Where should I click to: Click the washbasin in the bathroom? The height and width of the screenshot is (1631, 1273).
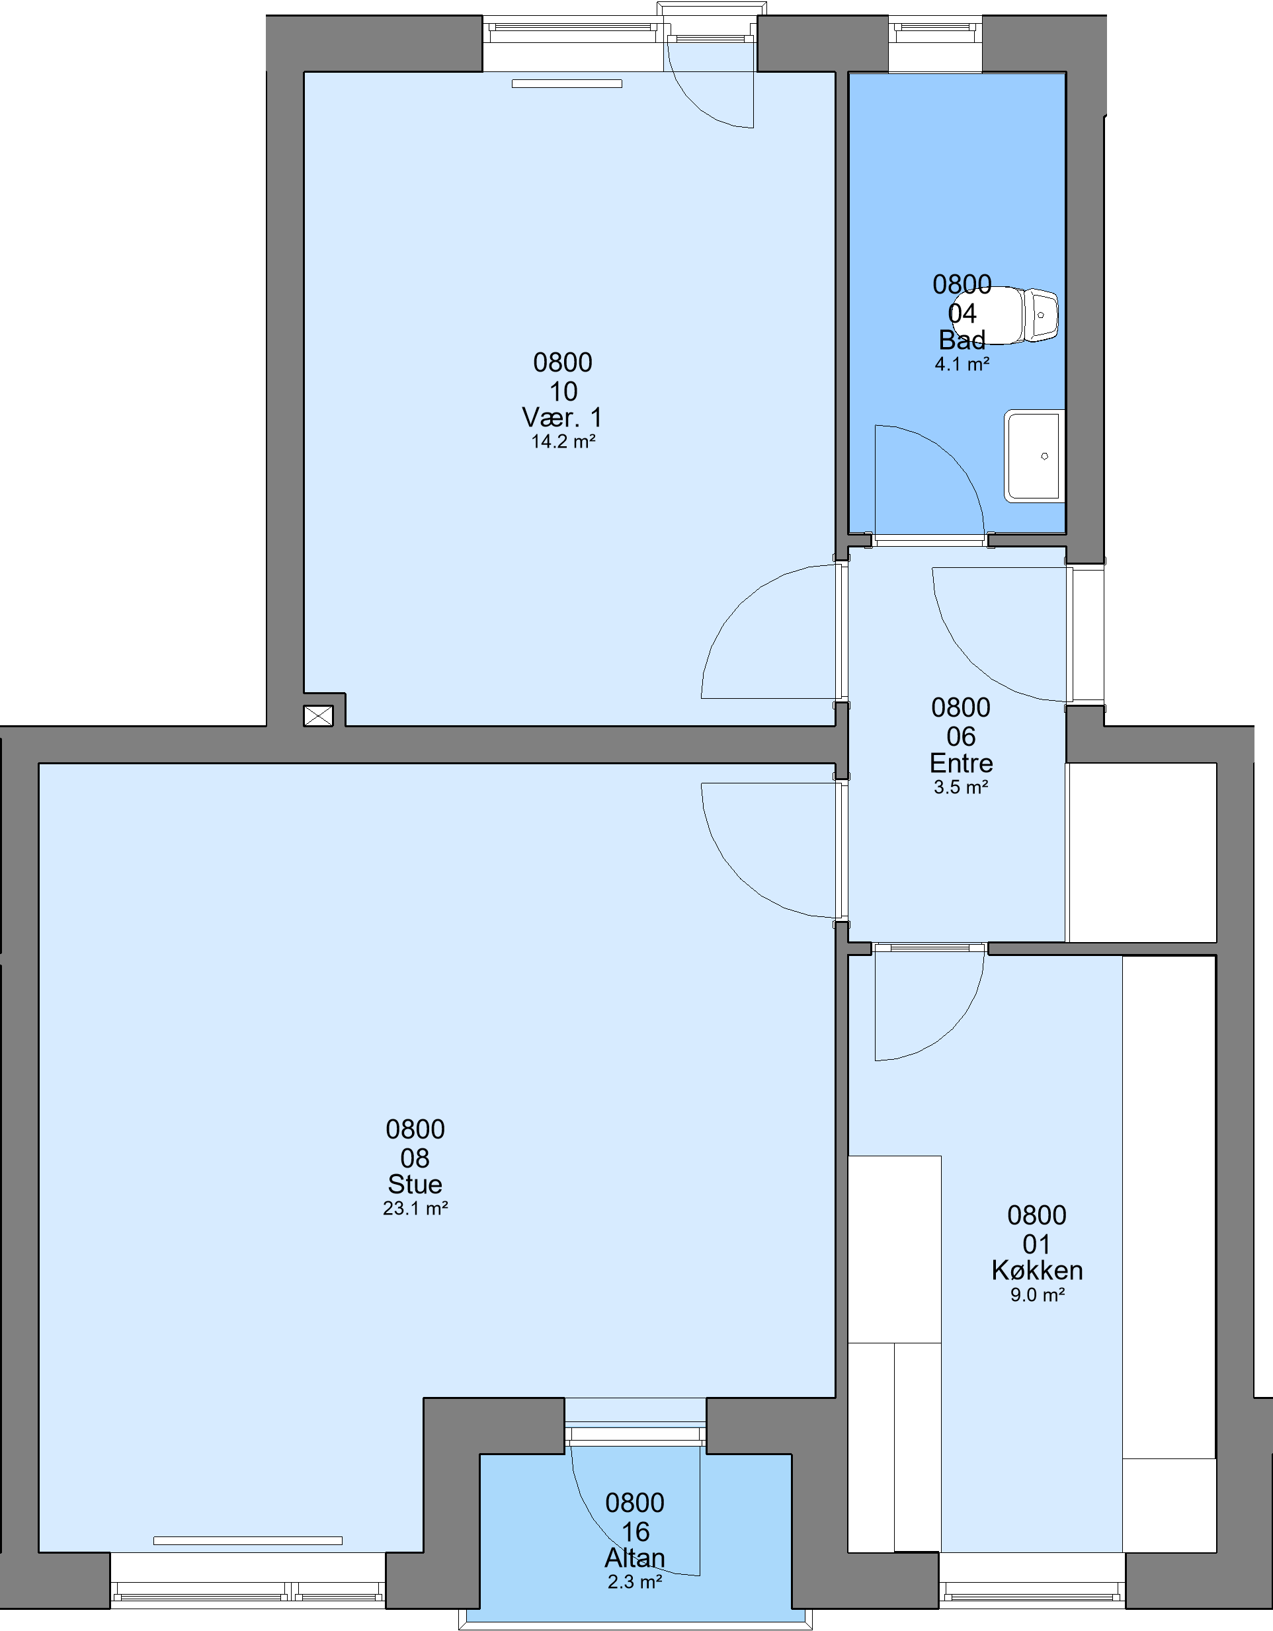point(1034,456)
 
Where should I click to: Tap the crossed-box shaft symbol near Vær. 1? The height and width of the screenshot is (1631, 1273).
point(318,715)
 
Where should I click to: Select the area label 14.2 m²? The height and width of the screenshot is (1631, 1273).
point(563,442)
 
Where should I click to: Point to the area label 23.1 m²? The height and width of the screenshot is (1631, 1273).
point(415,1209)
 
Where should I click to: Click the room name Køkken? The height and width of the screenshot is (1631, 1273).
point(1037,1269)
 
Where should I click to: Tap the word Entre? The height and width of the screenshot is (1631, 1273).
point(961,762)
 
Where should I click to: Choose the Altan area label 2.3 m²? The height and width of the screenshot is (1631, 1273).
point(635,1581)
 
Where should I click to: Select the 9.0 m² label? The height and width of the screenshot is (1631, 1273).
point(1038,1295)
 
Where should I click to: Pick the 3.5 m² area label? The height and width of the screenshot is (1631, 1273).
point(961,787)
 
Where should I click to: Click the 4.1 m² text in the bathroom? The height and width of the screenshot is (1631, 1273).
point(962,364)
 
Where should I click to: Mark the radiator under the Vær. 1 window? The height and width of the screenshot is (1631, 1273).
point(567,84)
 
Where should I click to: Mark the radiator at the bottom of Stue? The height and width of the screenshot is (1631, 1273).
point(248,1540)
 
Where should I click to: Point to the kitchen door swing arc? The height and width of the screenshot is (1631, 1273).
point(949,1027)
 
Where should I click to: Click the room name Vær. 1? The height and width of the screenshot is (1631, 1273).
point(562,417)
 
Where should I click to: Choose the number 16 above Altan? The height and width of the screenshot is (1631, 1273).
point(636,1532)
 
